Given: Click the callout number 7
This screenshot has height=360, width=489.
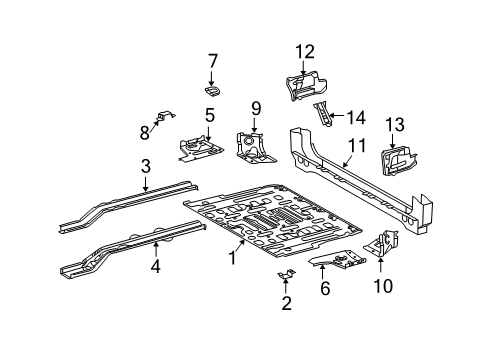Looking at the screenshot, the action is (x=213, y=62).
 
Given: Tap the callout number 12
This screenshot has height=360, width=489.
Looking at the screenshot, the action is (x=305, y=52).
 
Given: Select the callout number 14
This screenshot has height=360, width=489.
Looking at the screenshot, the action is (x=356, y=118).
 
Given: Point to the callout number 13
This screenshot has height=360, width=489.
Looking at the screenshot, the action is (x=395, y=125).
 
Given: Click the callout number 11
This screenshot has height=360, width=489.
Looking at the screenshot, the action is (x=357, y=145).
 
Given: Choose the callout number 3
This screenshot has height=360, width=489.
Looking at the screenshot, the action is (x=146, y=167).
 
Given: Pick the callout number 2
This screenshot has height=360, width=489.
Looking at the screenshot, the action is (x=287, y=303).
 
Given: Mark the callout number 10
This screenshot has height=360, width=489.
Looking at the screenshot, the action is (x=383, y=286).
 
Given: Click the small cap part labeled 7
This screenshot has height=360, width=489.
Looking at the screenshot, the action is (x=213, y=91).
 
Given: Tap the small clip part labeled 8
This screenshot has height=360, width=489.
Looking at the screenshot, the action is (x=165, y=116).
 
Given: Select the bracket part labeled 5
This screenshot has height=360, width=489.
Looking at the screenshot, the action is (x=201, y=147).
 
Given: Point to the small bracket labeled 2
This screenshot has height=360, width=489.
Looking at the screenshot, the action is (x=286, y=274).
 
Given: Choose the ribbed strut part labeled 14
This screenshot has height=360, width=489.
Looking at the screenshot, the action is (x=323, y=114).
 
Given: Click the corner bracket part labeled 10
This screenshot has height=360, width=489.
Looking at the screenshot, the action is (x=382, y=243).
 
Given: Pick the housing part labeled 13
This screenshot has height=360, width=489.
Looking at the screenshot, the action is (x=398, y=161).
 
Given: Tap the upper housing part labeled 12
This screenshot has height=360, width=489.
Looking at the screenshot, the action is (x=306, y=85).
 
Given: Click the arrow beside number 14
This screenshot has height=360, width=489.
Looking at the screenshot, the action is (x=336, y=116).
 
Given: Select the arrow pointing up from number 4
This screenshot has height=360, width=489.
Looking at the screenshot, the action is (x=156, y=250).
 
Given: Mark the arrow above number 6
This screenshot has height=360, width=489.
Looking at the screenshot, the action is (x=322, y=272).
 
